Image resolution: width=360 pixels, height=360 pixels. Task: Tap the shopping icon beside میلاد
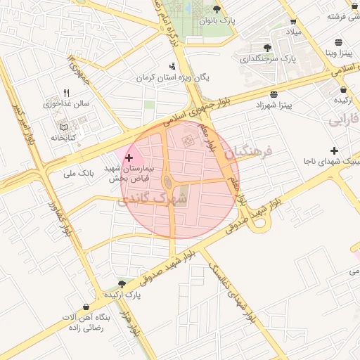pos(293,22)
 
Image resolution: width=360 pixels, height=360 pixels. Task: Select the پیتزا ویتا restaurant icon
pos(339,41)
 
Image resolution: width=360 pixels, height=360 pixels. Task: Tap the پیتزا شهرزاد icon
pos(273,94)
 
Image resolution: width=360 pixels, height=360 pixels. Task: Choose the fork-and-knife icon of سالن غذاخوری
pos(67,93)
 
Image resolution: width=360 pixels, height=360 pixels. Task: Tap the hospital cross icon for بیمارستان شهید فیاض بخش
pos(129,158)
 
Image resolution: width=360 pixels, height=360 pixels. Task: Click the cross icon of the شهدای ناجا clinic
pos(334,150)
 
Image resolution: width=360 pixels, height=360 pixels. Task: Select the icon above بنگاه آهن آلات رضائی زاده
pos(85,307)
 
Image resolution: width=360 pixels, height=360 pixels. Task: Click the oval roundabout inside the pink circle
pos(169,184)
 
